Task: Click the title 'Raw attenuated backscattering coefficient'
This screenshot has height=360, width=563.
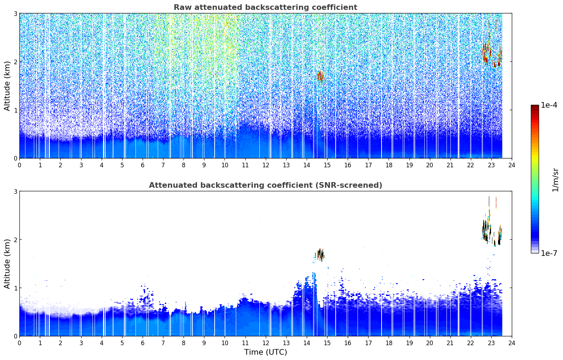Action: click(265, 7)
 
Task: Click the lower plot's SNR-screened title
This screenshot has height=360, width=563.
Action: click(265, 185)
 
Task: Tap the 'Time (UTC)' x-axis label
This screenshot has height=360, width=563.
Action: click(265, 352)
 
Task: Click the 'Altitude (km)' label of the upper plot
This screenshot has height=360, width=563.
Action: click(7, 86)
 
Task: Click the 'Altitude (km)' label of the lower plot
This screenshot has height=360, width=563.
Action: click(7, 264)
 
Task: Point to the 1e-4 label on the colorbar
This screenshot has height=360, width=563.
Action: click(549, 105)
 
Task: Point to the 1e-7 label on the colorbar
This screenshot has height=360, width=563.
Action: click(549, 253)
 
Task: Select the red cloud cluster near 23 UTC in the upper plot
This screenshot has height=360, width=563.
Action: click(492, 53)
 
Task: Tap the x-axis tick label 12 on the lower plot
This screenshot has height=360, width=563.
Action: click(266, 343)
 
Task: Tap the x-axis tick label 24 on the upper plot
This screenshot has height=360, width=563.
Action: click(512, 165)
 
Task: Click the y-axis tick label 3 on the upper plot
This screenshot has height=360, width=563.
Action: click(15, 13)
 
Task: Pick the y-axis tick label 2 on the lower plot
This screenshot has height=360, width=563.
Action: click(15, 240)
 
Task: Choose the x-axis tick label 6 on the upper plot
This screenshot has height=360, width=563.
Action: click(143, 165)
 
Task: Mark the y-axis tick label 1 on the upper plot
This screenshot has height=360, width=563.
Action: click(15, 110)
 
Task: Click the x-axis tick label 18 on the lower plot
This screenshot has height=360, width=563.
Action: click(389, 343)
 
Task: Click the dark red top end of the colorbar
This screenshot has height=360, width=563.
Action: click(535, 106)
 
